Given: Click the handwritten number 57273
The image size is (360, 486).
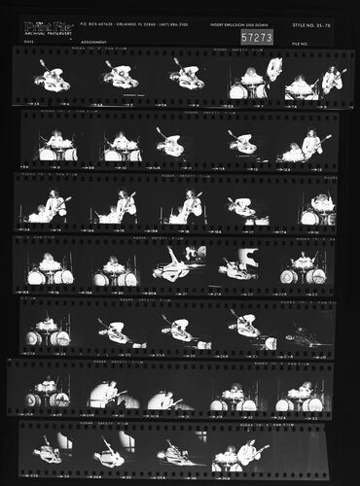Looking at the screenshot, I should (257, 37).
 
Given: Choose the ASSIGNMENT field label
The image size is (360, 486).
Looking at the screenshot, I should (93, 42).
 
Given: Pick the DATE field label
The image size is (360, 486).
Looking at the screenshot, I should (29, 42).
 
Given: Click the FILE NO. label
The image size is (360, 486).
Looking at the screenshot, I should (300, 43).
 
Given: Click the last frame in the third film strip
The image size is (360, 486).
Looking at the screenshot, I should (315, 207).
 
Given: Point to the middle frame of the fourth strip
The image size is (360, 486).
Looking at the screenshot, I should (179, 266).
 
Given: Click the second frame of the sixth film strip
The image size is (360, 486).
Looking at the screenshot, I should (109, 393).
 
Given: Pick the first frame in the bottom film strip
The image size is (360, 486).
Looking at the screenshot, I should (49, 451).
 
